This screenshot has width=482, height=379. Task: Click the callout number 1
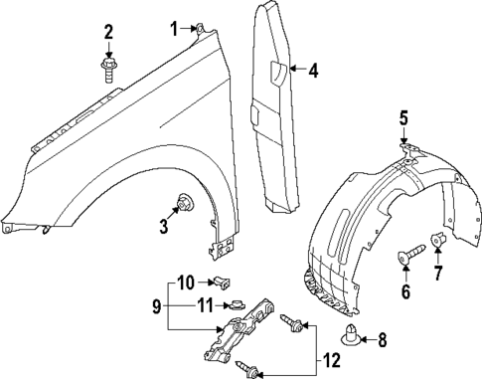174,28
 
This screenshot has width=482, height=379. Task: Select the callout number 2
108,37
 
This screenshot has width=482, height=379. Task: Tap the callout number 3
164,227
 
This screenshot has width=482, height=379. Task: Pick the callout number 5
403,120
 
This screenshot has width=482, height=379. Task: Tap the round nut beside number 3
184,205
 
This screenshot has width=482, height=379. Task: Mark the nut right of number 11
237,305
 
